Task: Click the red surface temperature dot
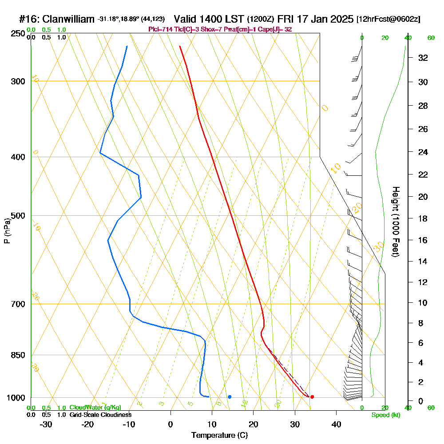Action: [312, 397]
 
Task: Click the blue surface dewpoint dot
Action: [230, 397]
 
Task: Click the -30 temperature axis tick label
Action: [46, 424]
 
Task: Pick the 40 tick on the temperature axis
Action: [337, 424]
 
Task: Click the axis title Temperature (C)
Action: [219, 436]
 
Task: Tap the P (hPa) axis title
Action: [7, 231]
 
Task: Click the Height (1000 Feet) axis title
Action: [395, 222]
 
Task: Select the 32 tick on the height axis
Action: [423, 58]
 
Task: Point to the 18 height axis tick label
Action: [423, 218]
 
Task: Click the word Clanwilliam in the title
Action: [69, 19]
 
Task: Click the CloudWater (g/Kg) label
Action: [95, 408]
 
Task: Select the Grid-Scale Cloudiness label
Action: [100, 415]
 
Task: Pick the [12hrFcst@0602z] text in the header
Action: [388, 19]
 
